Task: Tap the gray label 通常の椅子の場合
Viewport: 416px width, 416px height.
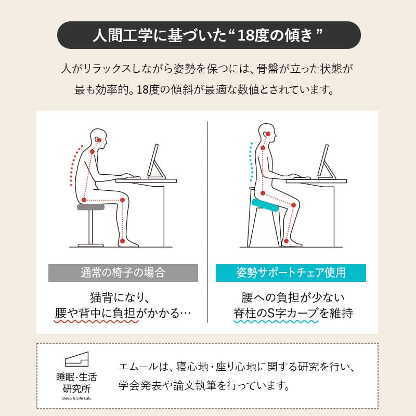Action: [x=123, y=272]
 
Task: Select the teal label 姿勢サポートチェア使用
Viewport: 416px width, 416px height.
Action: [x=291, y=272]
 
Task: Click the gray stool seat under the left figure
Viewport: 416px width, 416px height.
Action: [x=90, y=207]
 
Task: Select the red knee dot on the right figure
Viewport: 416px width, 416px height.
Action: [x=294, y=205]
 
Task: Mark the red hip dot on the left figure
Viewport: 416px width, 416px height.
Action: [x=84, y=200]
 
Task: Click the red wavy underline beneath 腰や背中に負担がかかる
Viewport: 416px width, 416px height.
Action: [x=97, y=322]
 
